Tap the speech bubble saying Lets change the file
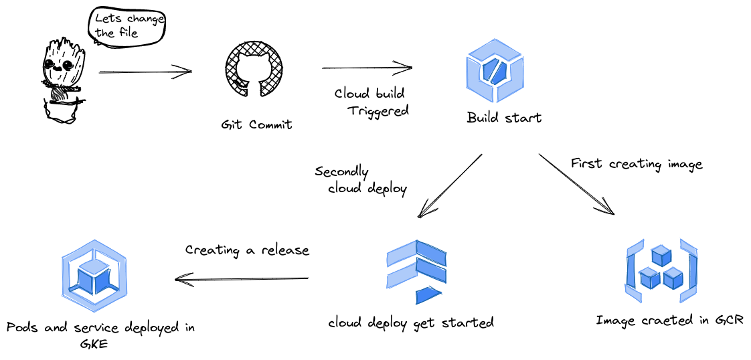[127, 27]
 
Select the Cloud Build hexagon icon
[495, 70]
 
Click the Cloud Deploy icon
[416, 272]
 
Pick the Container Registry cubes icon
[661, 270]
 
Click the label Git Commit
[256, 124]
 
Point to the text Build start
[504, 118]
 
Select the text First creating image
[637, 164]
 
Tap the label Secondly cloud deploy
[361, 180]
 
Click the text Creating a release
[247, 250]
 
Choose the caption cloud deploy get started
[411, 323]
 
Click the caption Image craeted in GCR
[669, 321]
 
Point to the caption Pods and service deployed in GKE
[100, 334]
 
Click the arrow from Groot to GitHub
[145, 72]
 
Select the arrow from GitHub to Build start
[367, 68]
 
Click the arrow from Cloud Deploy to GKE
[242, 278]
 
